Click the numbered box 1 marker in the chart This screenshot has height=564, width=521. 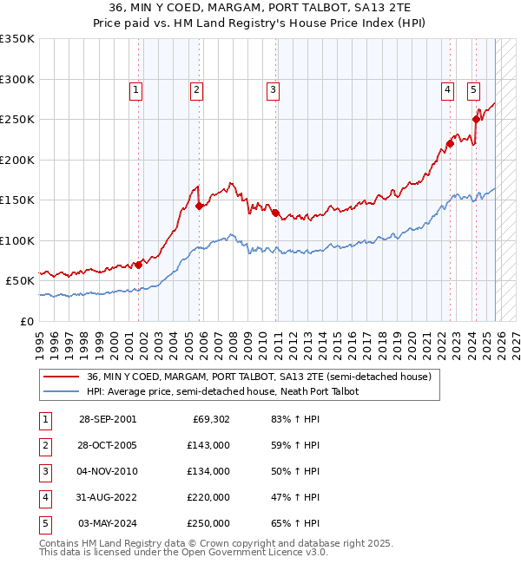point(137,89)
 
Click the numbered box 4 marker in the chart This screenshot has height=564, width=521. point(447,89)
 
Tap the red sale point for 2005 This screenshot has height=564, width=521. point(199,206)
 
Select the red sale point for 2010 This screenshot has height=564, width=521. point(274,213)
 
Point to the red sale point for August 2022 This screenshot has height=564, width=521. point(451,144)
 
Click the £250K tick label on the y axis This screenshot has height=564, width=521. point(17,120)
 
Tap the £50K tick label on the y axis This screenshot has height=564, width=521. point(20,281)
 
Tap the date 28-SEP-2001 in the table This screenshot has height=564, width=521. point(107,419)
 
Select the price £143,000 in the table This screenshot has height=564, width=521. point(209,445)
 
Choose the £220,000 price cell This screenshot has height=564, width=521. point(209,497)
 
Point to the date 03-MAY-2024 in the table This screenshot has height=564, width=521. point(107,523)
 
